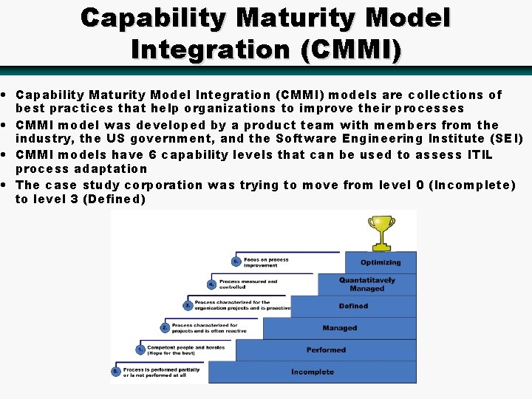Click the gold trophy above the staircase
[x=381, y=231]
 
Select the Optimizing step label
[x=381, y=262]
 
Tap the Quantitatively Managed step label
[x=367, y=284]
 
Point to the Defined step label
[x=353, y=306]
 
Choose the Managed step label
[x=339, y=328]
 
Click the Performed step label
[x=326, y=350]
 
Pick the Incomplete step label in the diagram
[x=312, y=372]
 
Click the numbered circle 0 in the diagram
[x=115, y=371]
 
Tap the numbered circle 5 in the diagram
[x=236, y=262]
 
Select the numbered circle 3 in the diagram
[x=188, y=305]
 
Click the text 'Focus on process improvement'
[x=266, y=262]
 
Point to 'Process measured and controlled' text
[x=248, y=284]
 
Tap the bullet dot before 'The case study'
[x=5, y=185]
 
